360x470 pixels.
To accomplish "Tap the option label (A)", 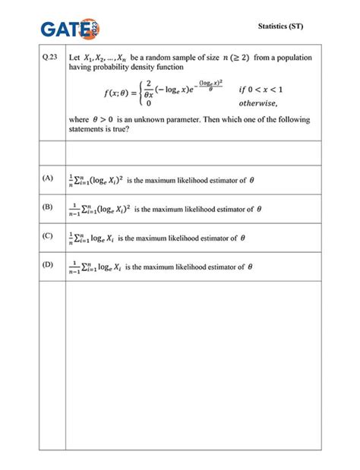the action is (x=48, y=178).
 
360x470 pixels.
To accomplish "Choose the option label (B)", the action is (x=48, y=207).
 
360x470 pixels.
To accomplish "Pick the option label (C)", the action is (x=48, y=235).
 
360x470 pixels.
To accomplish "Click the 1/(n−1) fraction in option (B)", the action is (x=74, y=208).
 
